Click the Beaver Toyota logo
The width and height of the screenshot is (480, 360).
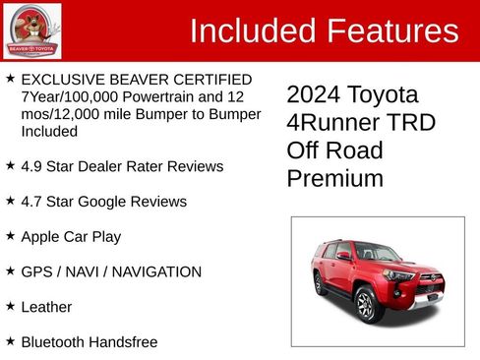[31, 30]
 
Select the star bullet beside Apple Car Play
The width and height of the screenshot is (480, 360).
[10, 236]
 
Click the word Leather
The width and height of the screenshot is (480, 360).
[46, 307]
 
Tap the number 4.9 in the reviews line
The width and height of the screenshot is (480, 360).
[32, 166]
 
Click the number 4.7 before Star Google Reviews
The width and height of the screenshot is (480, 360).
[32, 202]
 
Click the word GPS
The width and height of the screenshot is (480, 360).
[37, 271]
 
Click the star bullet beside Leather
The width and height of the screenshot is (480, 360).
[10, 307]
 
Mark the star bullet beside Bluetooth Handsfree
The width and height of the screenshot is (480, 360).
[10, 341]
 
